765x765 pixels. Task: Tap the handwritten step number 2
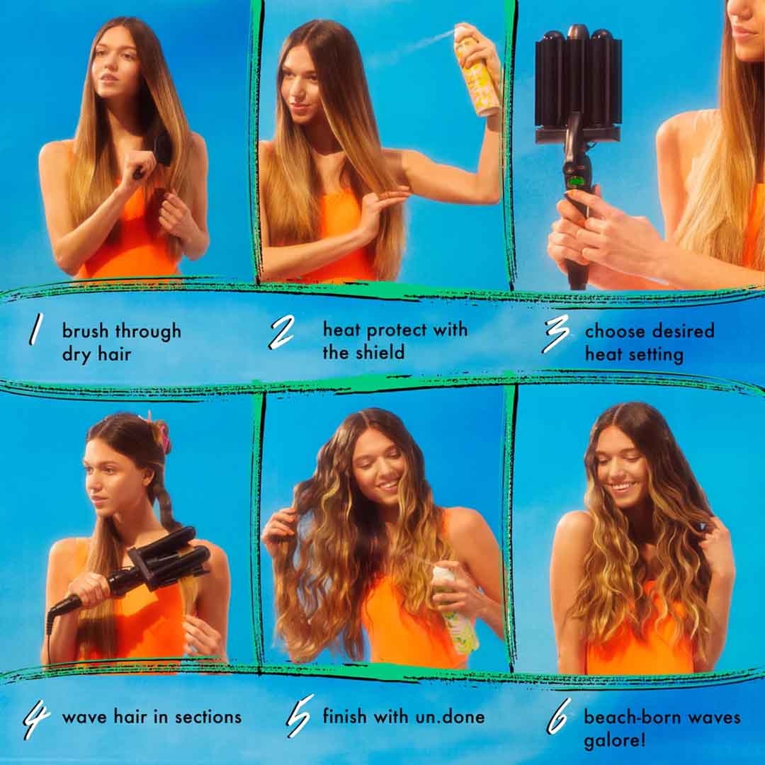pyautogui.click(x=281, y=331)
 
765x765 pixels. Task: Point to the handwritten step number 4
pyautogui.click(x=36, y=718)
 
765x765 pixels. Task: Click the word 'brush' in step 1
pyautogui.click(x=86, y=331)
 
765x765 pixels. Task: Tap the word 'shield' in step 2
pyautogui.click(x=381, y=352)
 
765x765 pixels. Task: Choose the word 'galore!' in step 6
pyautogui.click(x=614, y=741)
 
